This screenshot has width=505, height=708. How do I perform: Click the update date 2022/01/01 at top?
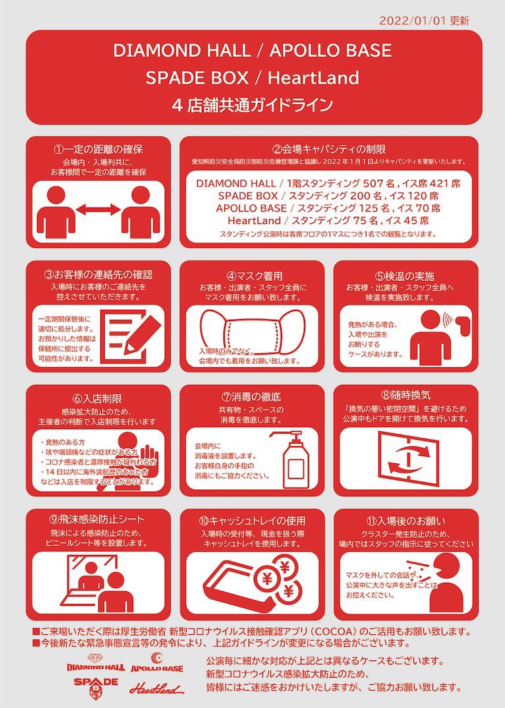pos(413,20)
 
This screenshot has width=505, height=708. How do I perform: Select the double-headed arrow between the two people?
pos(98,210)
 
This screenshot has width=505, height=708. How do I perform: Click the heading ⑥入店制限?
pos(98,398)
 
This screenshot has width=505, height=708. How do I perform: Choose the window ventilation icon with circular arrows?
pos(405,456)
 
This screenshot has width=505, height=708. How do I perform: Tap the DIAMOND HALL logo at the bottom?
pos(96,663)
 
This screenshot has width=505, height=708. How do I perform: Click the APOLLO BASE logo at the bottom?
pos(157,663)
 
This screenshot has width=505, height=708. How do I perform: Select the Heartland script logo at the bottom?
pos(155,688)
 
